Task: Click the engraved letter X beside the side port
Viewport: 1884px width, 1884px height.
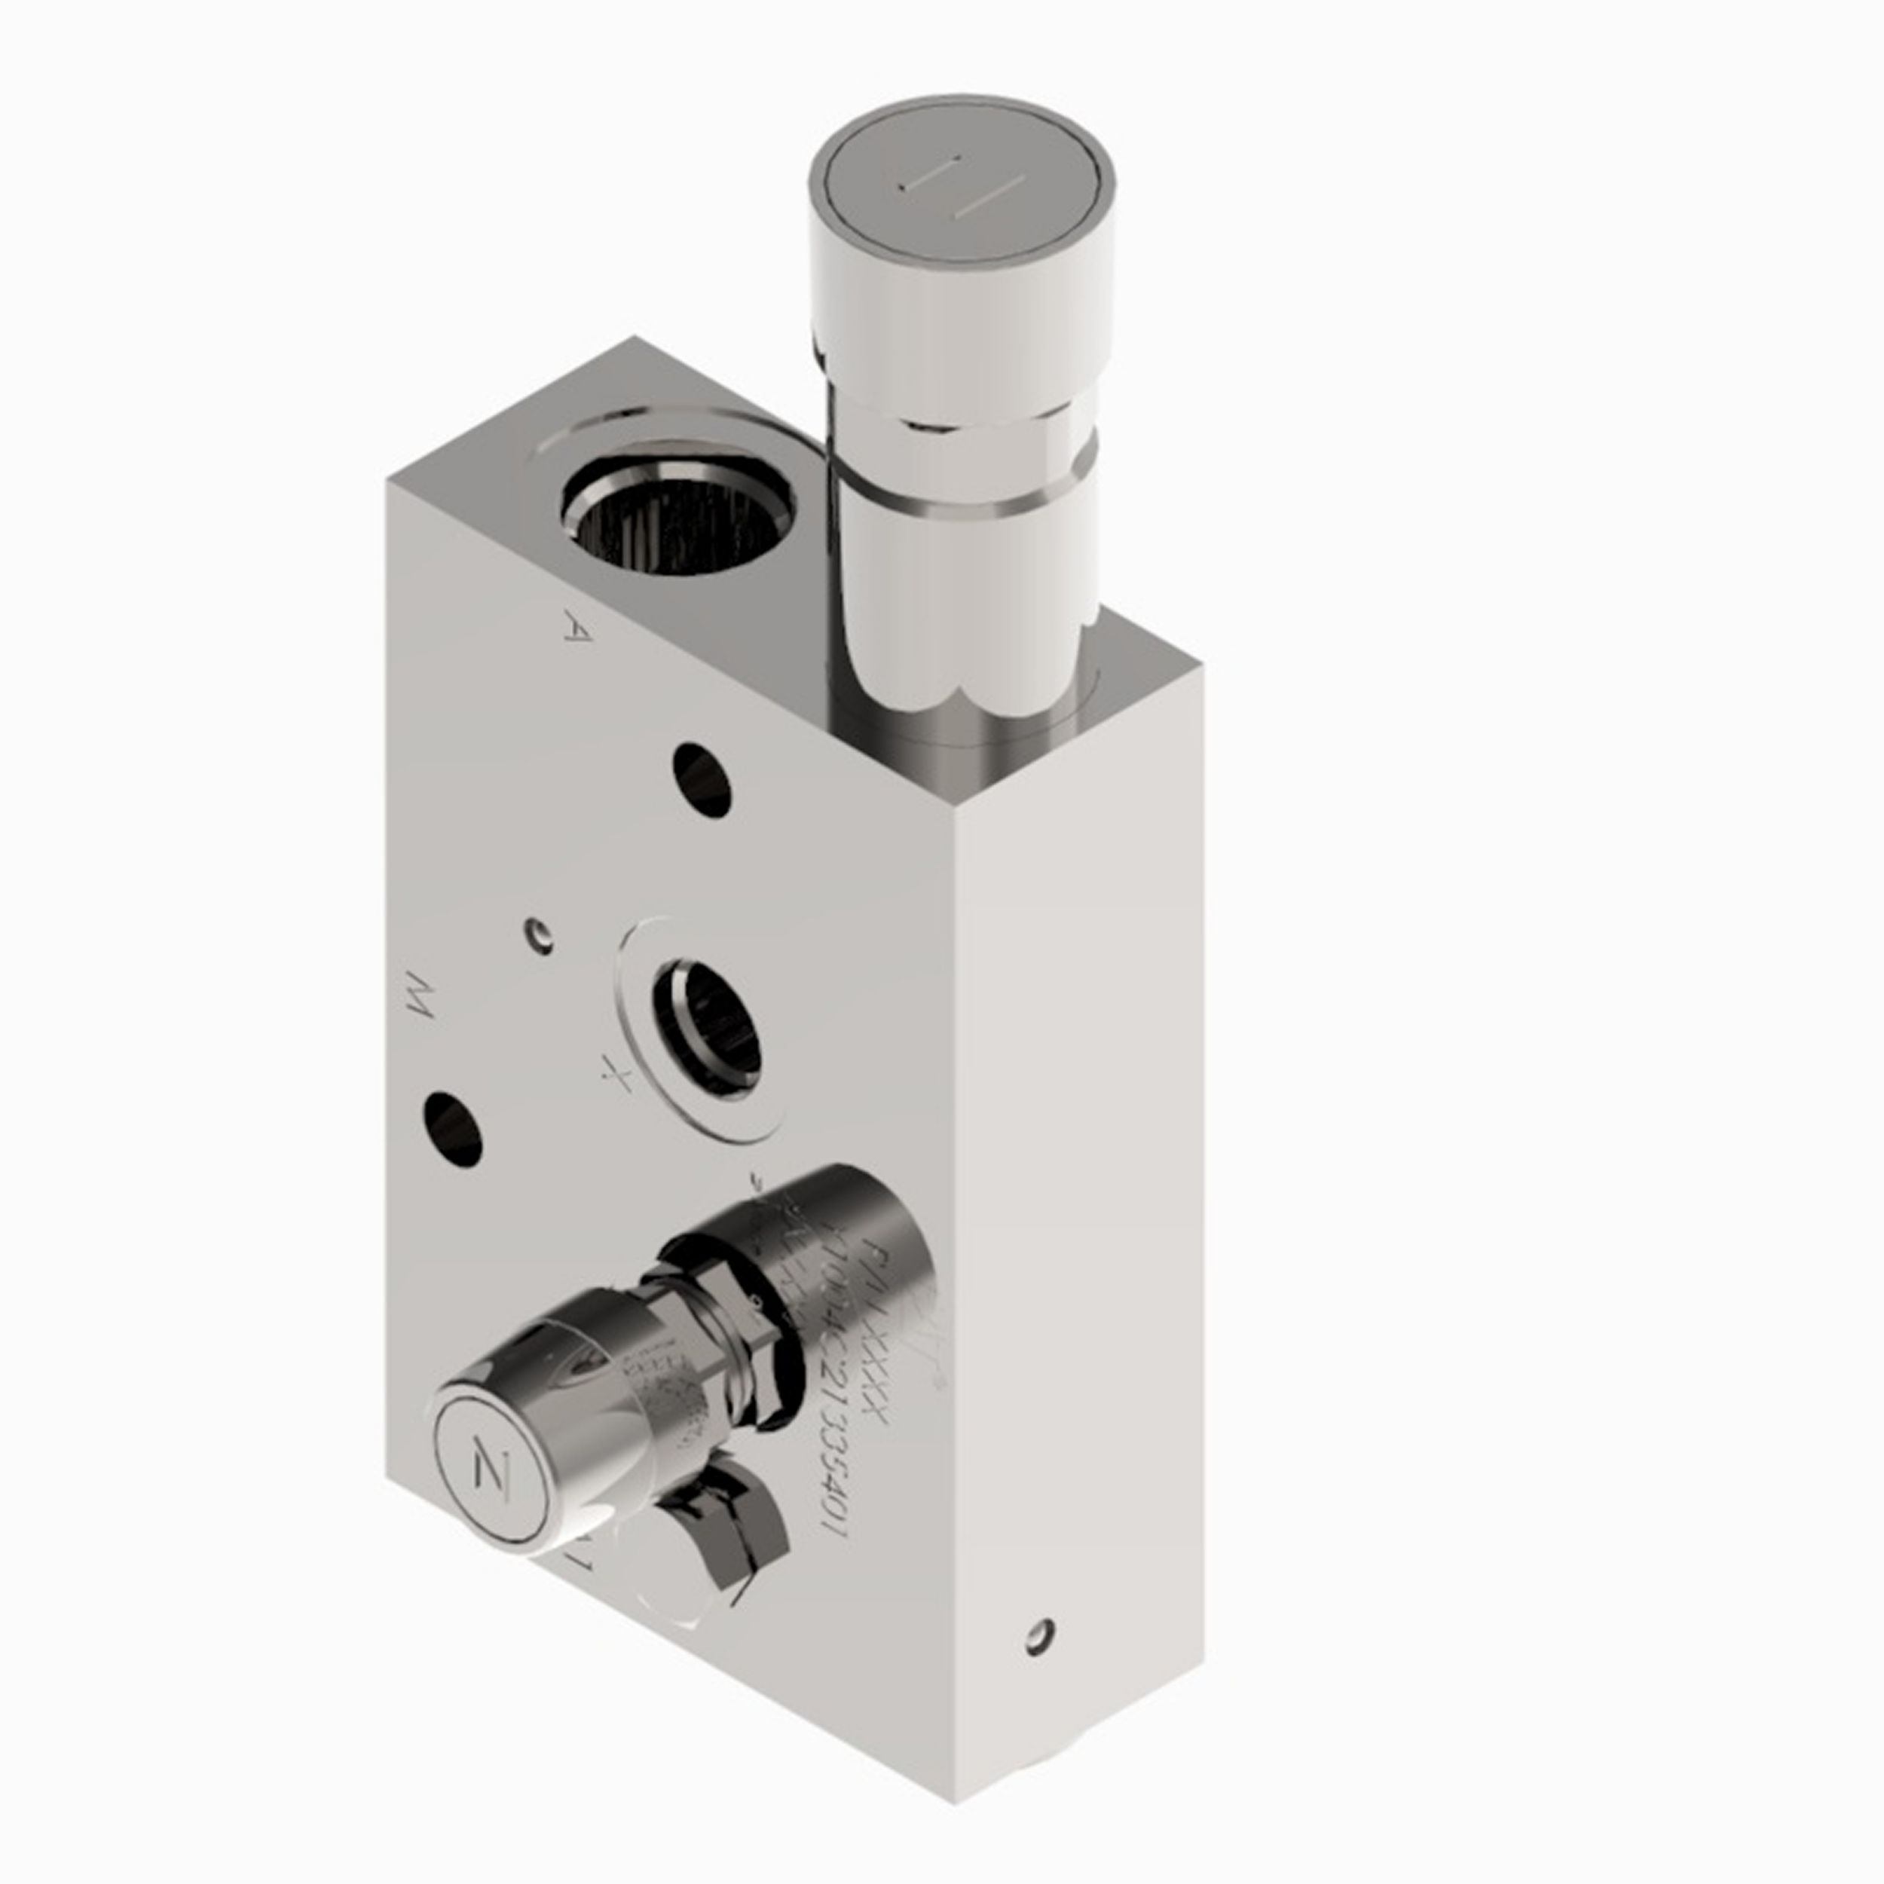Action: [616, 1078]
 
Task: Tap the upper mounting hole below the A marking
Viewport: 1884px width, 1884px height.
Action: [702, 780]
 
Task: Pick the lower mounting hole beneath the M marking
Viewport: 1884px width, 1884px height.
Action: [454, 1129]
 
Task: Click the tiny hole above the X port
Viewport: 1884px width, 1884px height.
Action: [538, 934]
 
